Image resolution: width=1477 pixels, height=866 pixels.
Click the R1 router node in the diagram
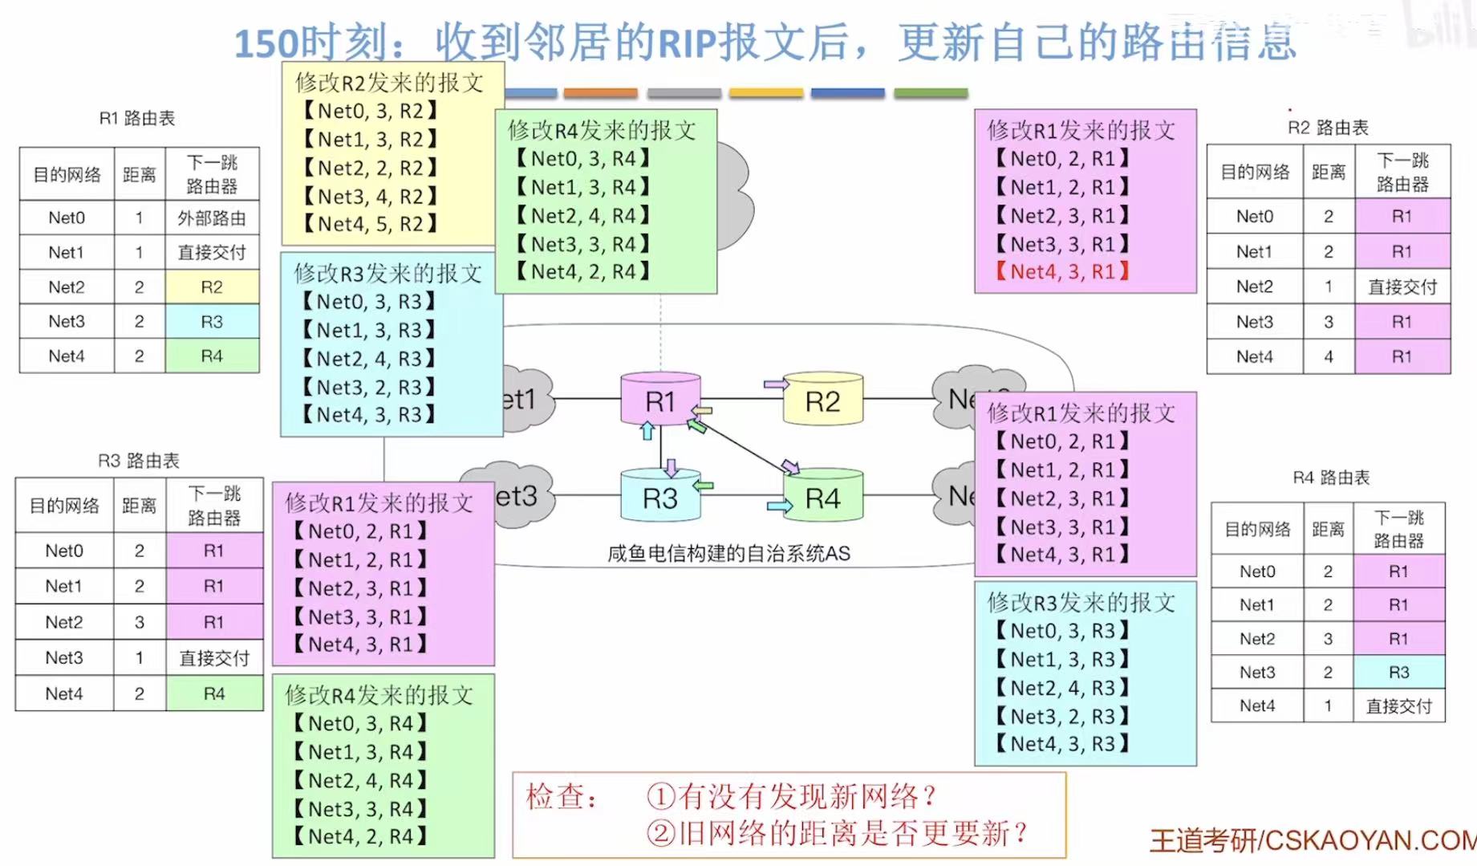[x=659, y=400]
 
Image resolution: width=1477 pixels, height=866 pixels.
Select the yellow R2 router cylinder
[x=822, y=400]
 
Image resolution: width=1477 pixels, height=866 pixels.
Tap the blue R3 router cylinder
[x=659, y=498]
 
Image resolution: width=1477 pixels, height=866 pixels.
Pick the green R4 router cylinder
[x=822, y=498]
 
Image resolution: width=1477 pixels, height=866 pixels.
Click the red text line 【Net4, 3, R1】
[x=1062, y=272]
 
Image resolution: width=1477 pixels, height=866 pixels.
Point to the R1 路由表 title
[x=137, y=119]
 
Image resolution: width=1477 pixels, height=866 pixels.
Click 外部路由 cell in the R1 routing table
[x=212, y=218]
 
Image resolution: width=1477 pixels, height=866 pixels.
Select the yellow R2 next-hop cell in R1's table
[x=212, y=287]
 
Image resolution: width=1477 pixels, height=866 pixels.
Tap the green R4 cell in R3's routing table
[x=214, y=693]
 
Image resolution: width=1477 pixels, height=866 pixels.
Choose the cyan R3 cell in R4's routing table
[x=1398, y=673]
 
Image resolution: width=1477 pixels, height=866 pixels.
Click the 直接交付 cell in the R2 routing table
[x=1402, y=287]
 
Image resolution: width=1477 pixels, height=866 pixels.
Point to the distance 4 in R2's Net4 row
[x=1329, y=356]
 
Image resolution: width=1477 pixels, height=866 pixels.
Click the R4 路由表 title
[x=1331, y=478]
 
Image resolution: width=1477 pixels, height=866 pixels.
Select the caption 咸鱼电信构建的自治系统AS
[x=728, y=554]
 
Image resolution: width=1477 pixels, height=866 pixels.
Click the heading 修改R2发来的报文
[x=389, y=83]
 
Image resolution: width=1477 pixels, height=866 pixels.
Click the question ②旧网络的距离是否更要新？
[x=838, y=833]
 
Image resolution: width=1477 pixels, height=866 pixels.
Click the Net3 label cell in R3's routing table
[x=64, y=658]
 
